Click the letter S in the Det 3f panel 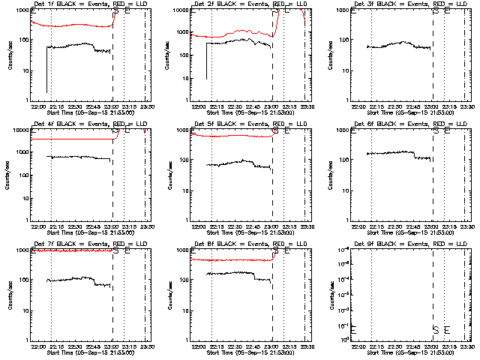coord(435,12)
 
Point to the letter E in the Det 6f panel coord(447,132)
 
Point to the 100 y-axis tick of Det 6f coord(346,160)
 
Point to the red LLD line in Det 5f coord(232,136)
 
